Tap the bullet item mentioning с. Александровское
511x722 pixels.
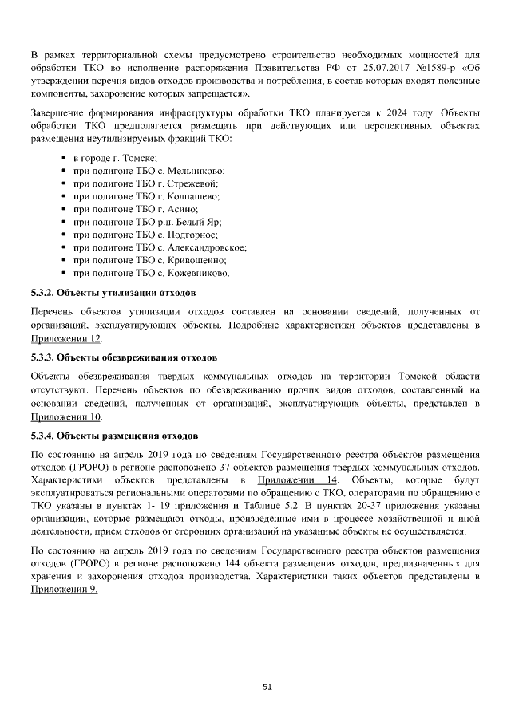point(160,247)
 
